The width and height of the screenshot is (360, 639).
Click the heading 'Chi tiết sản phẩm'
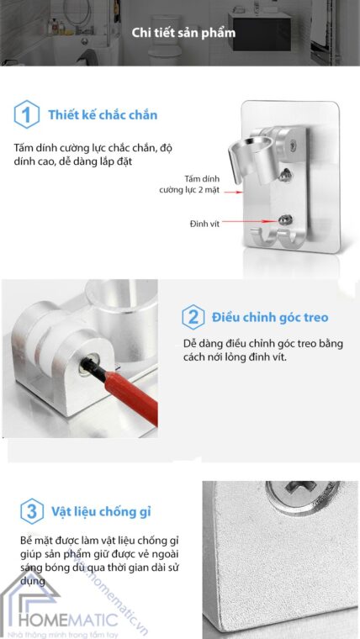pos(183,33)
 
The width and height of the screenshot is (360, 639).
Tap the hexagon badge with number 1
pos(27,114)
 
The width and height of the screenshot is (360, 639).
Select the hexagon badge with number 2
pos(193,317)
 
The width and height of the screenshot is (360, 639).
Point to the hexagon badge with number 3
pos(32,511)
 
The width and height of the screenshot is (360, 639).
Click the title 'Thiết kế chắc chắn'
pos(103,115)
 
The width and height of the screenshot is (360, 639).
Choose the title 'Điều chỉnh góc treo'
pos(270,318)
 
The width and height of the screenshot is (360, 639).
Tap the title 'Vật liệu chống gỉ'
pos(101,511)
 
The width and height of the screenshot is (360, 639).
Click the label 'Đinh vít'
pos(204,224)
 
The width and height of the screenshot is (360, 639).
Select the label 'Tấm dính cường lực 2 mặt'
pos(189,184)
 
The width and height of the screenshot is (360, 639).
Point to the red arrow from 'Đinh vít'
pos(250,222)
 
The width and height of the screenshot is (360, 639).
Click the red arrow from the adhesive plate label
pos(233,191)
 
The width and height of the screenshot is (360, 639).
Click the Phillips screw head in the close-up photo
pos(302,492)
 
